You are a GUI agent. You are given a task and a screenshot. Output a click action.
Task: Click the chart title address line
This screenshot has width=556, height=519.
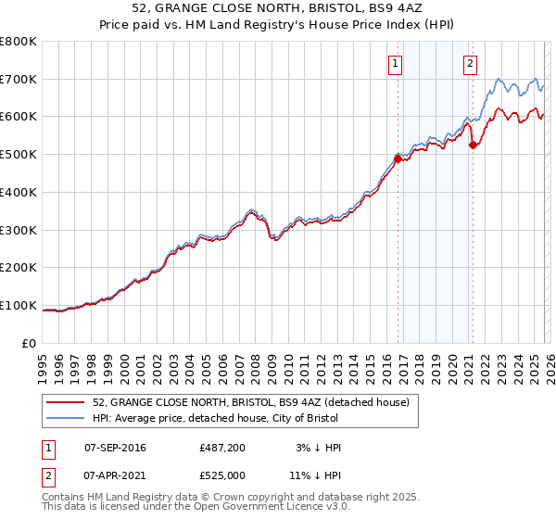278,9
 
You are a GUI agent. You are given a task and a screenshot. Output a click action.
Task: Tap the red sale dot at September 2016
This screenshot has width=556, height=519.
398,159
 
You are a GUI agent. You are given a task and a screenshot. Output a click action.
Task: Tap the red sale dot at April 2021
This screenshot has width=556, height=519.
473,145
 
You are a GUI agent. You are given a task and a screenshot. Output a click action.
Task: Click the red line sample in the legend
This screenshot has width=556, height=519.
66,401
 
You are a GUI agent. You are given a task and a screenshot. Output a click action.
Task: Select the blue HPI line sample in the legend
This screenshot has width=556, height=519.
66,418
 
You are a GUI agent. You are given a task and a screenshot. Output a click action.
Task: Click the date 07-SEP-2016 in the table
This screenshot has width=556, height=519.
115,448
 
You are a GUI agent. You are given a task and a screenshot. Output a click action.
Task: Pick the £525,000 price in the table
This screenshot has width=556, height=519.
222,475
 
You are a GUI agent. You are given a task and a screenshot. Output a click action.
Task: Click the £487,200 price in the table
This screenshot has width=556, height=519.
222,448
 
